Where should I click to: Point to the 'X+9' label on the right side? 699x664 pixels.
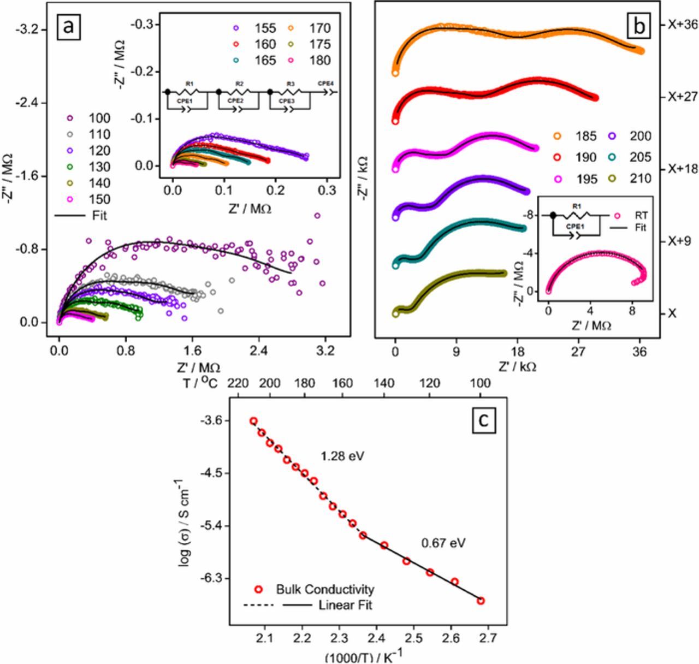(679, 241)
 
